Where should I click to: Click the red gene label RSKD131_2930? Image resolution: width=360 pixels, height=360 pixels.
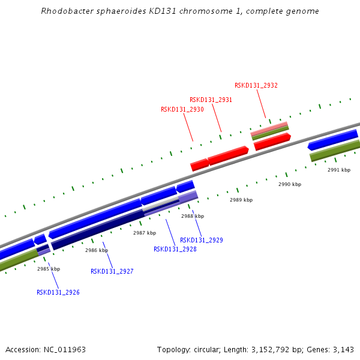[x=182, y=110]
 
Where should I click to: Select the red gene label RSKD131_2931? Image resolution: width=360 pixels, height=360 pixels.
[x=211, y=100]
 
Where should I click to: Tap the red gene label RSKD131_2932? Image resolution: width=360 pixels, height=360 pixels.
[x=256, y=85]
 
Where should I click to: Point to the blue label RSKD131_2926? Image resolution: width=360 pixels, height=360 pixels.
[x=58, y=292]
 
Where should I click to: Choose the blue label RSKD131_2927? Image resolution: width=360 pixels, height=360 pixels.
[x=112, y=271]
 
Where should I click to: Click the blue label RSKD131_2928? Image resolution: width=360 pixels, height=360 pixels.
[x=175, y=249]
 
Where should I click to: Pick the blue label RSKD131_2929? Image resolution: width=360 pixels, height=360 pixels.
[x=201, y=240]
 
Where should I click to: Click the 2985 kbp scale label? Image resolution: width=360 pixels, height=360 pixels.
[x=49, y=269]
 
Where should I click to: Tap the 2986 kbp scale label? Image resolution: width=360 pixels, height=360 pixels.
[x=97, y=250]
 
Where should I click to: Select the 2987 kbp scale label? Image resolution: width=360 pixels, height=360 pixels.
[x=145, y=233]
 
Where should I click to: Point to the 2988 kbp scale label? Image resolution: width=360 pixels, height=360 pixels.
[x=193, y=216]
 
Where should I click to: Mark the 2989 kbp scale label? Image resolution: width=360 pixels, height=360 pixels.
[x=241, y=200]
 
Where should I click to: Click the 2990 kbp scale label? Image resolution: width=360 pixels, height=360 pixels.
[x=290, y=184]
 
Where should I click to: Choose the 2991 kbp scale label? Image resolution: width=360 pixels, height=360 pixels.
[x=339, y=170]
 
